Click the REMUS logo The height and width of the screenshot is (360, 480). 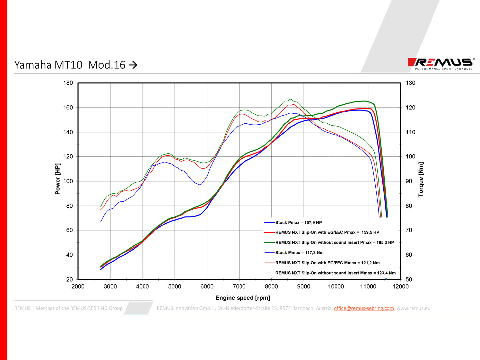point(440,63)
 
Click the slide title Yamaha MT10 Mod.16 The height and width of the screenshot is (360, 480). point(70,65)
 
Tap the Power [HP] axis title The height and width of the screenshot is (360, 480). point(58,179)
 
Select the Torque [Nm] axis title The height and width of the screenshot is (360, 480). point(421,179)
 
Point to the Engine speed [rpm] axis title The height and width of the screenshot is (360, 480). point(242,298)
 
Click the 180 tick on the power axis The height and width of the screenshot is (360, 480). point(68,83)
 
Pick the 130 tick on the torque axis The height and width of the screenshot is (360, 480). point(410,83)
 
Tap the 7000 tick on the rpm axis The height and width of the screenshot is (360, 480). point(239,287)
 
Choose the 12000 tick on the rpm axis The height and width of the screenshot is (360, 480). point(400,287)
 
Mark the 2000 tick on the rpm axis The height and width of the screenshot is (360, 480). point(78,287)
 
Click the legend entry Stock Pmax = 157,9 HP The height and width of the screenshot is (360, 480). point(298,223)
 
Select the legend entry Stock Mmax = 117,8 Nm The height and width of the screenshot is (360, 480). point(299,253)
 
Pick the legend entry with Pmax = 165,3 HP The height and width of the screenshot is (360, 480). point(334,243)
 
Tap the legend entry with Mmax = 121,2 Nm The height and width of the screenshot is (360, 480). point(327,263)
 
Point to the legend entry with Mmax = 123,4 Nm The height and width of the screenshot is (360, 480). point(335,273)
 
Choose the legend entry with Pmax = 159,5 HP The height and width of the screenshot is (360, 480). point(327,232)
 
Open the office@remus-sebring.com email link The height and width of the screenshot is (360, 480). point(364,308)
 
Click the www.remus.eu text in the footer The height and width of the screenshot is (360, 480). point(413,308)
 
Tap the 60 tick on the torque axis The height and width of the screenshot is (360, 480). point(409,255)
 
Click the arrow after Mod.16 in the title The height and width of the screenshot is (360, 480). point(133,65)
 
